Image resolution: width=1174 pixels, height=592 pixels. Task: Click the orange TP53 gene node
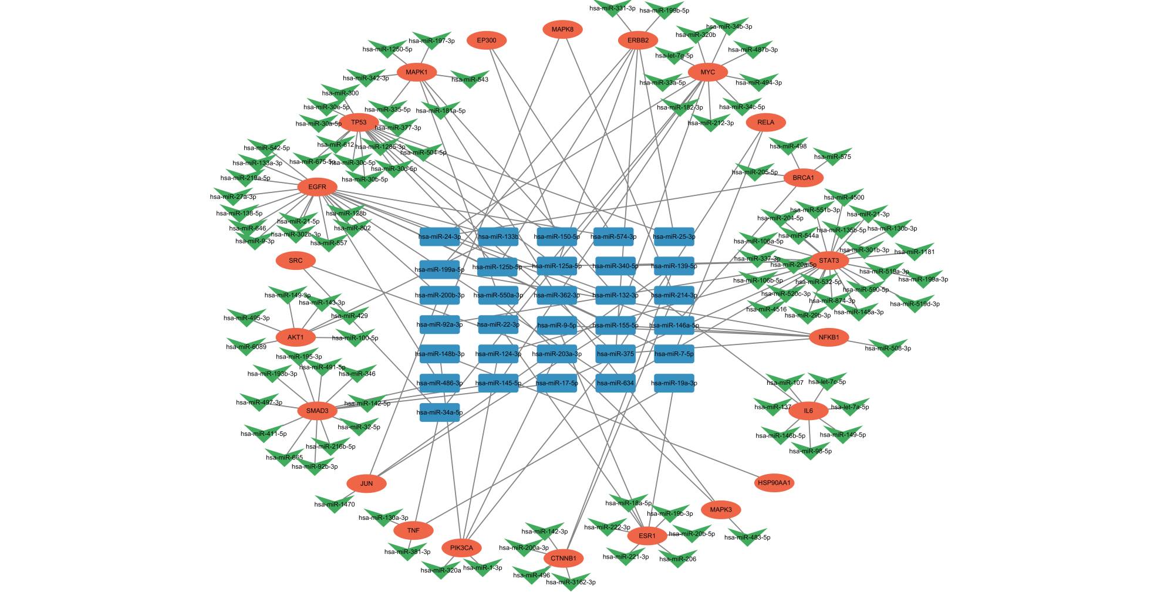359,123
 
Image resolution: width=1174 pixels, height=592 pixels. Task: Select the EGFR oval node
317,187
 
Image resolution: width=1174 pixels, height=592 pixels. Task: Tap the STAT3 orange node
829,261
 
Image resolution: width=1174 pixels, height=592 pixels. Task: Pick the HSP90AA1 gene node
774,483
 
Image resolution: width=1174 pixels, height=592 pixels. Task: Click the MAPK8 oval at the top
562,29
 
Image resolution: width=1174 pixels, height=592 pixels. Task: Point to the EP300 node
487,40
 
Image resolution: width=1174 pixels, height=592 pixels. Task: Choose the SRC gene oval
296,261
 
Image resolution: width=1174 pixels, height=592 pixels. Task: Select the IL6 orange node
808,411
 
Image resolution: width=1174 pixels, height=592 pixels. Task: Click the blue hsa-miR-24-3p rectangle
440,237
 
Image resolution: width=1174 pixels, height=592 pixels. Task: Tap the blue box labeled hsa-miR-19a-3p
674,383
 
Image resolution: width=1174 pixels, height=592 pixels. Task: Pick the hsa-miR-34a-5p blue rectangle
440,412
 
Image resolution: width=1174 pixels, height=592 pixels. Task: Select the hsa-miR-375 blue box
615,354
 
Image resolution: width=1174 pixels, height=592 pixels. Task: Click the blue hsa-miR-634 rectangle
615,383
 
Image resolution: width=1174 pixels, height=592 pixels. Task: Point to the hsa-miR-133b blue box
498,237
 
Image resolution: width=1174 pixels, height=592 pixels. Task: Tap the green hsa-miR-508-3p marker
888,347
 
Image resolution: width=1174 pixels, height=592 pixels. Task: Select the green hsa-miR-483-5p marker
747,536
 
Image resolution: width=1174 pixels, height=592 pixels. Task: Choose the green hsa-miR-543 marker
470,78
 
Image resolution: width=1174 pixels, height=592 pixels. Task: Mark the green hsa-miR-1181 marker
915,251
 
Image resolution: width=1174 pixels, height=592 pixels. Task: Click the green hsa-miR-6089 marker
247,346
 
